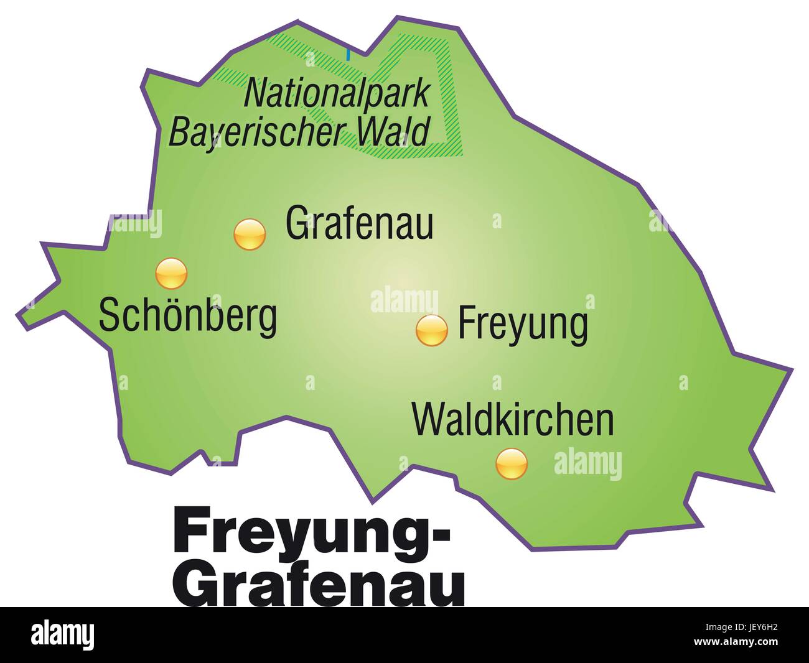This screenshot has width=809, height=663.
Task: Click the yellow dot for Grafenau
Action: coord(250,234)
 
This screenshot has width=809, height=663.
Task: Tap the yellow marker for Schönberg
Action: coord(171,274)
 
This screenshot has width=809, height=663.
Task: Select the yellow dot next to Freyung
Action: coord(431,330)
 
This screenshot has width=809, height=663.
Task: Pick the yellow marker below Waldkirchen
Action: coord(512,463)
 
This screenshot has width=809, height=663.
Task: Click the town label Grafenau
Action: coord(359,223)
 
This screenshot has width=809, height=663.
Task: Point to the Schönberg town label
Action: coord(188,315)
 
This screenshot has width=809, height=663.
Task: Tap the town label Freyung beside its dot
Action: coord(522,323)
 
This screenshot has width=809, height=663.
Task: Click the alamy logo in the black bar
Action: coord(63,635)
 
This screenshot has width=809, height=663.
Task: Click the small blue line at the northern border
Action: coord(348,54)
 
